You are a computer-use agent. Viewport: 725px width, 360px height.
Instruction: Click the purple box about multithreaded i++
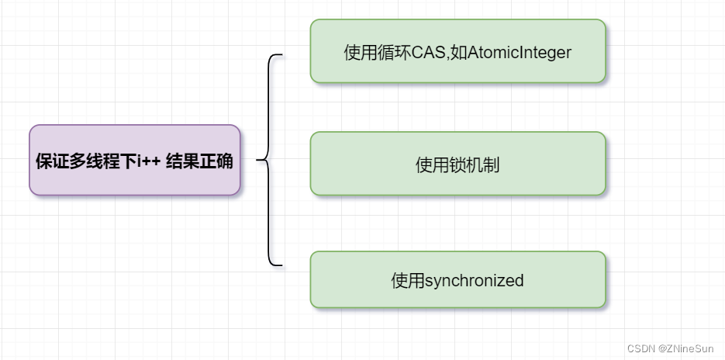[x=135, y=161]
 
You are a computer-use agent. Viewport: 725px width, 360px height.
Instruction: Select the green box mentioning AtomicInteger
[x=457, y=51]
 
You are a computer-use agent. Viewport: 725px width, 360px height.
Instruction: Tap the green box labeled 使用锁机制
[x=457, y=164]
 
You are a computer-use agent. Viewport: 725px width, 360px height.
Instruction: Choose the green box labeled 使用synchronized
[x=457, y=280]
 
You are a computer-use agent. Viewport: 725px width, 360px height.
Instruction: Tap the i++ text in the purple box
[x=148, y=161]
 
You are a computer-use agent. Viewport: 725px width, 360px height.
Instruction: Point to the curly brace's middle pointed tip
[x=258, y=161]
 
